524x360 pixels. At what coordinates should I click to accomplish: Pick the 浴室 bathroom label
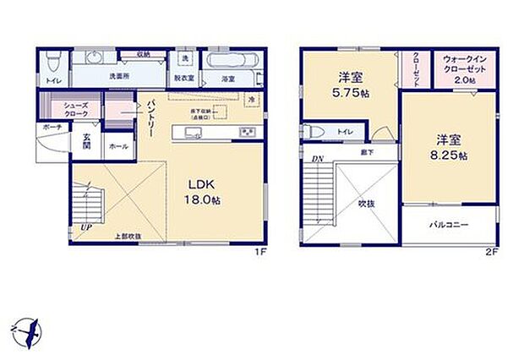[x=227, y=79]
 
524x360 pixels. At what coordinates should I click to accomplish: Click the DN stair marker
[x=317, y=159]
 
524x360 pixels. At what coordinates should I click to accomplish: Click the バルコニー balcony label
[x=449, y=226]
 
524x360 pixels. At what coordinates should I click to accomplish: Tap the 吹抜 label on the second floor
[x=365, y=204]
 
